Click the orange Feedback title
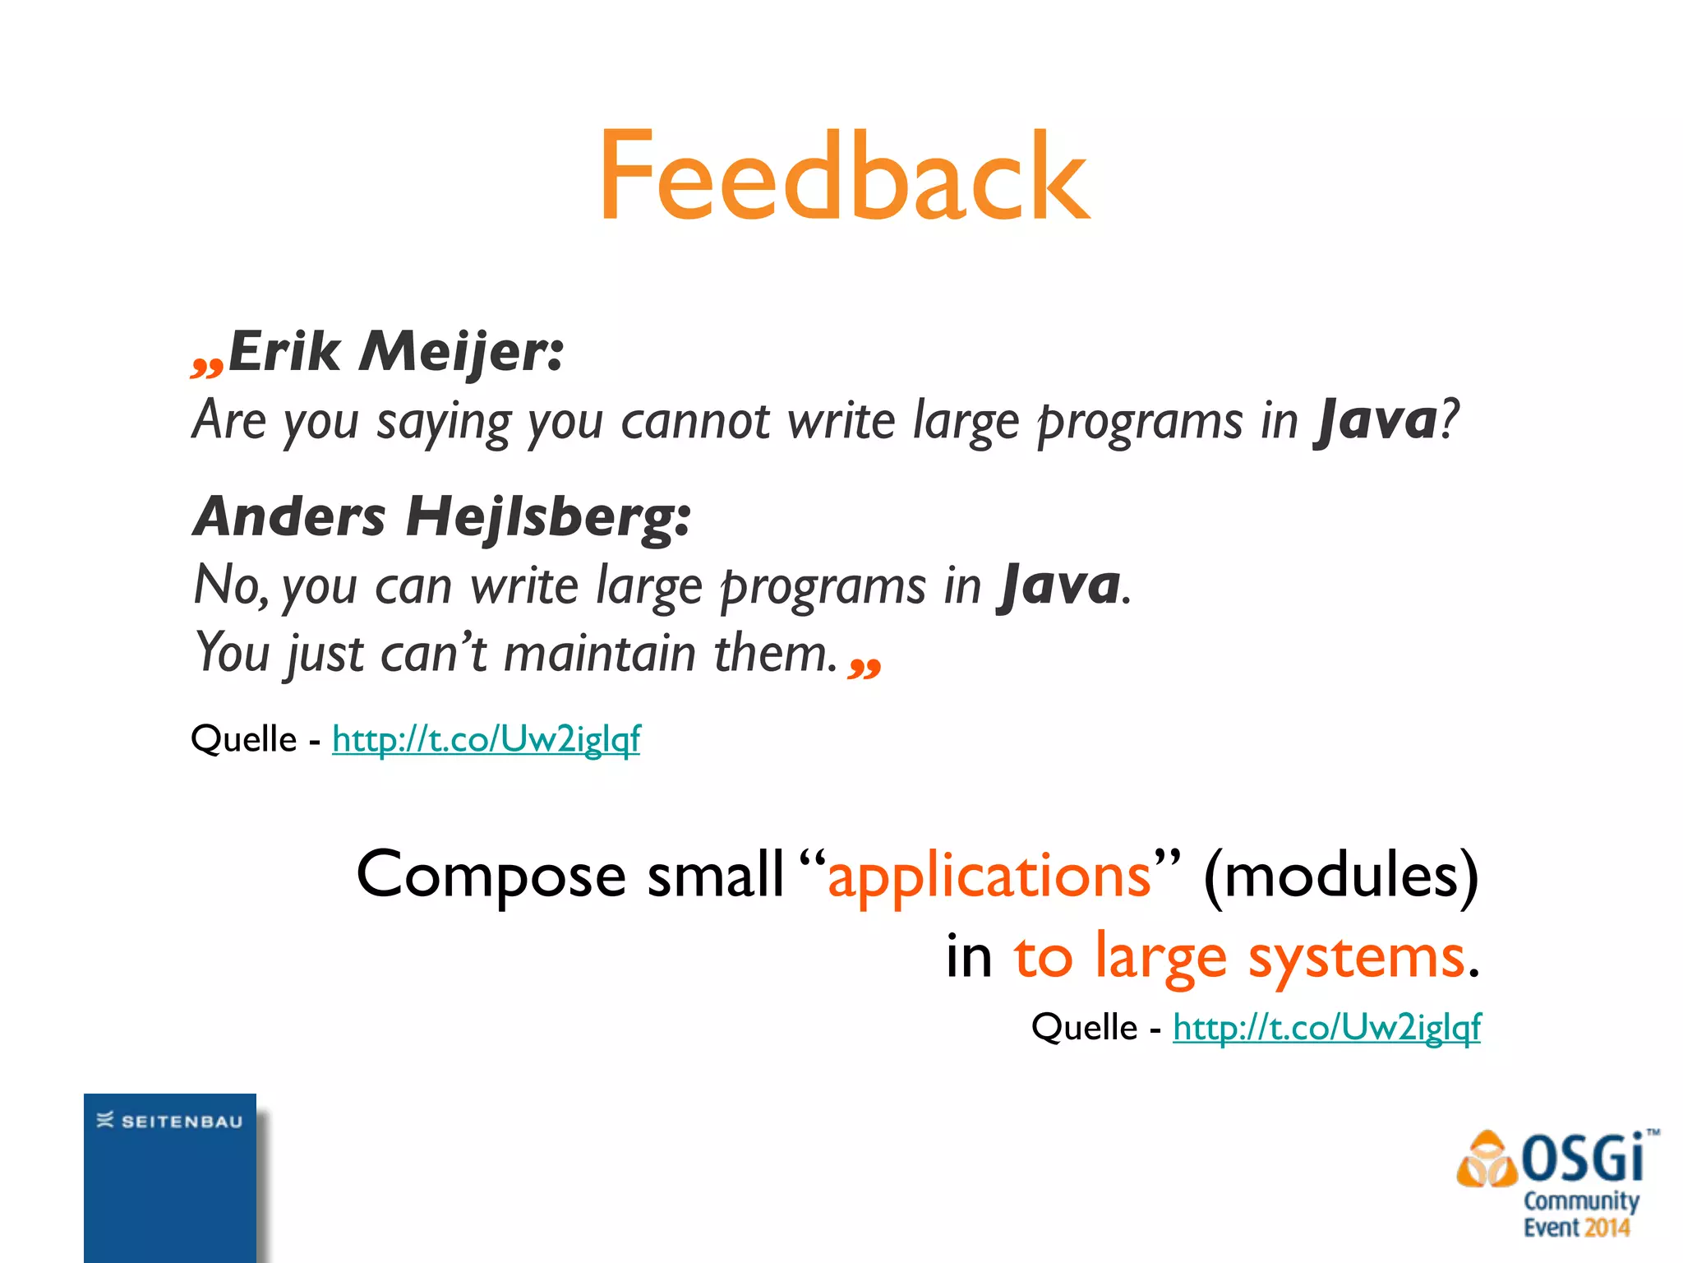pos(844,177)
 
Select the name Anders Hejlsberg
pos(441,518)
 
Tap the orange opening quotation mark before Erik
pos(206,365)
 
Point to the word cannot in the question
pos(695,422)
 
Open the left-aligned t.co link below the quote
pos(486,739)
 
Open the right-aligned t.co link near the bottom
pos(1326,1028)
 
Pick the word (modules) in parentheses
pos(1340,875)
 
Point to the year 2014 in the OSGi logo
pos(1607,1228)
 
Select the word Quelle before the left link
pos(243,739)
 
